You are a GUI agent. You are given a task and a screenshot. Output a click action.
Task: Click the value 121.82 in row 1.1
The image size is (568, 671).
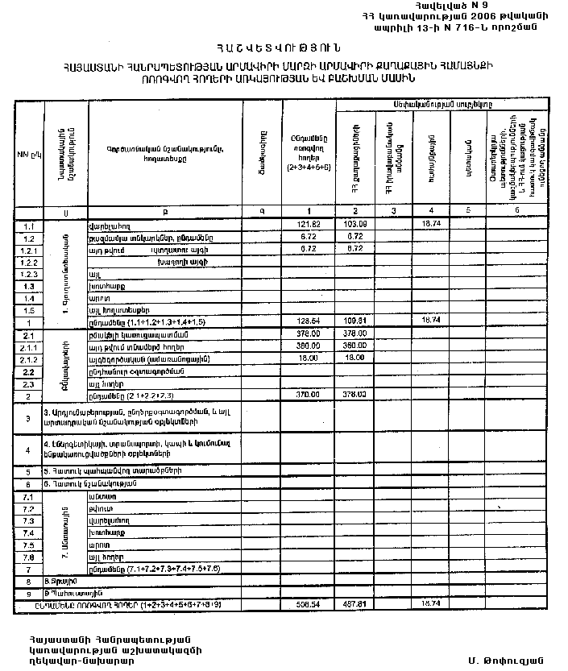(304, 224)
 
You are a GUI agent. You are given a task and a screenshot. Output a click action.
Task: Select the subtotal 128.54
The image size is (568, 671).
(304, 321)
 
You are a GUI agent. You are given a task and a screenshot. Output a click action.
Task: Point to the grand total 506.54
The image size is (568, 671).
(304, 603)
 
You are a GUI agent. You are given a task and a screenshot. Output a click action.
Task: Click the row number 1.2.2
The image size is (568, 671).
(29, 263)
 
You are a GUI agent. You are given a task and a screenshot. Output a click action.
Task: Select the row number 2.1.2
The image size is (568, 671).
(29, 359)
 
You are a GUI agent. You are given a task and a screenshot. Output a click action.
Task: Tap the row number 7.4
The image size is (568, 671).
(29, 533)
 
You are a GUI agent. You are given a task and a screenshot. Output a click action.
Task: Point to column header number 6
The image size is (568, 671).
(517, 211)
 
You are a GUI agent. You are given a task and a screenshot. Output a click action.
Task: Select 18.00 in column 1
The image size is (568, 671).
(304, 359)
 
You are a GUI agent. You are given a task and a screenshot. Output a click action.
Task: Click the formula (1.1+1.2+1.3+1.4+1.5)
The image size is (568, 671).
(161, 321)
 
